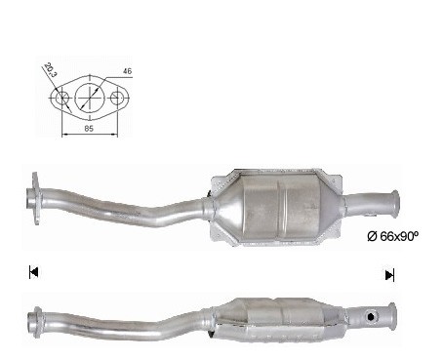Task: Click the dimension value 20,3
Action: coord(50,70)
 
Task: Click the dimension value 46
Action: coord(128,71)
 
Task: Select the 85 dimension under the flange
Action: coord(89,129)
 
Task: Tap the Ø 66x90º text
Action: coord(392,236)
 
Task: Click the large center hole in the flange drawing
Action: coord(90,98)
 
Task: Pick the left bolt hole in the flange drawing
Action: coord(61,98)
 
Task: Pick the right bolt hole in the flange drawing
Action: coord(116,98)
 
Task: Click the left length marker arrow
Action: coord(34,272)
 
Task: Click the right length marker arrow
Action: coord(389,275)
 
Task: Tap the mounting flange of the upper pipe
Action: coord(35,198)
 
